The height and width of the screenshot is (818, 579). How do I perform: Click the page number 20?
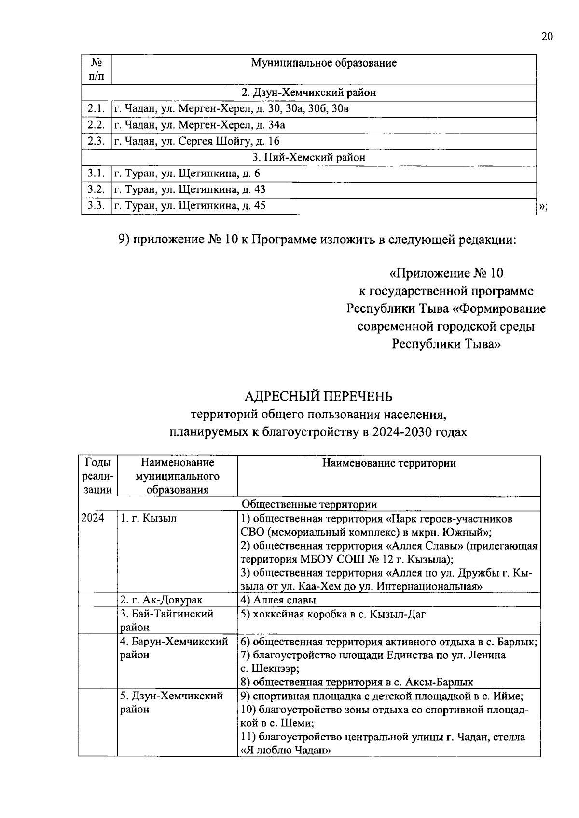[547, 38]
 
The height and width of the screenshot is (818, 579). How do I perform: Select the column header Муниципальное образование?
[324, 63]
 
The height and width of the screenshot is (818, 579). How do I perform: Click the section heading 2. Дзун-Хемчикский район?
[309, 93]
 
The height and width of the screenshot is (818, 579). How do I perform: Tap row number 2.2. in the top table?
[96, 125]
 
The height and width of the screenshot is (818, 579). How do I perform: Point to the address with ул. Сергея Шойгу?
[197, 141]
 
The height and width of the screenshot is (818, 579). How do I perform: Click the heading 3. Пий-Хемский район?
[309, 158]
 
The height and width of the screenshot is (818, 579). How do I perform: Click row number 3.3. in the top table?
[96, 206]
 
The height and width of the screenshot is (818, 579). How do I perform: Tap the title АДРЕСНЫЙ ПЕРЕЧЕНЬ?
[318, 396]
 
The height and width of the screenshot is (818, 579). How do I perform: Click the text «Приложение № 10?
[446, 273]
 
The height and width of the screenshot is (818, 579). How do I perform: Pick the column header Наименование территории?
[389, 463]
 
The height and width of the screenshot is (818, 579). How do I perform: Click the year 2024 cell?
[93, 519]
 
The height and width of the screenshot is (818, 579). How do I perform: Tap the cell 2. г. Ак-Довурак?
[161, 600]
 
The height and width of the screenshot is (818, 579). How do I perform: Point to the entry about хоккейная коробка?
[333, 614]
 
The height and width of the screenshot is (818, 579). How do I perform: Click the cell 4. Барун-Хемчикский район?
[174, 648]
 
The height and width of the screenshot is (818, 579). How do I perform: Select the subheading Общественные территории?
[309, 504]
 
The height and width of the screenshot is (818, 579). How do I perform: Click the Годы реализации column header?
[98, 476]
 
